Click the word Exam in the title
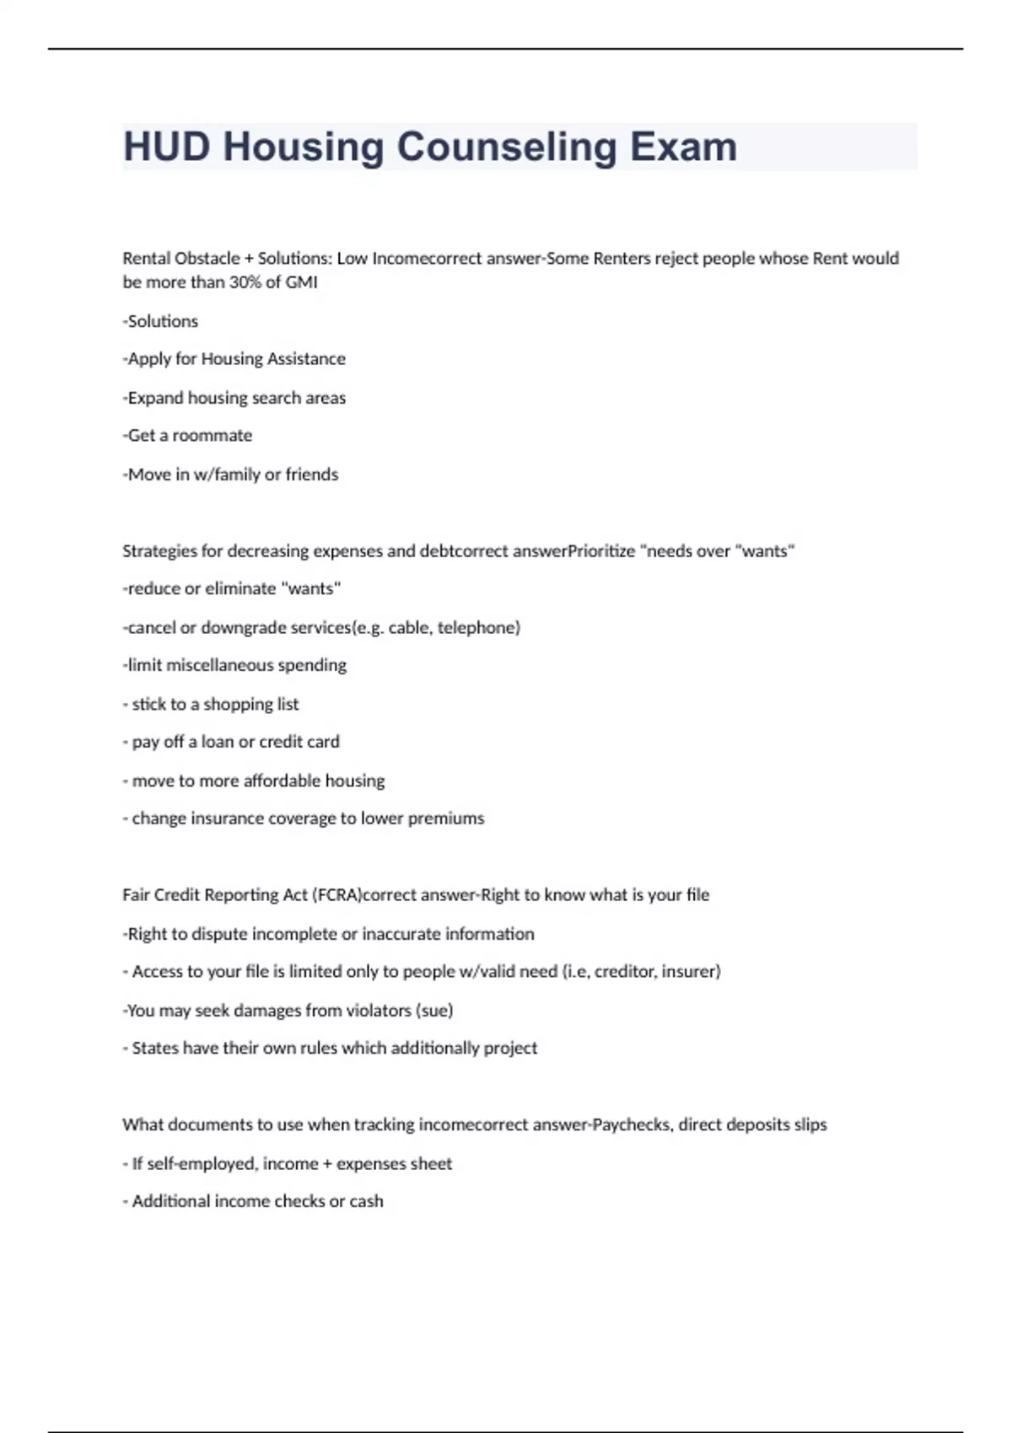pos(683,147)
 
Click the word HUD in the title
pos(166,147)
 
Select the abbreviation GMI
pos(301,282)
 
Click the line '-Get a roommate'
pos(187,436)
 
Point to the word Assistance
pos(306,359)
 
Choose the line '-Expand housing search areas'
pos(234,398)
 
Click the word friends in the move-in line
pos(311,475)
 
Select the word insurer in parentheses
pos(691,972)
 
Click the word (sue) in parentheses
pos(434,1011)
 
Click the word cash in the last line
pos(366,1202)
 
